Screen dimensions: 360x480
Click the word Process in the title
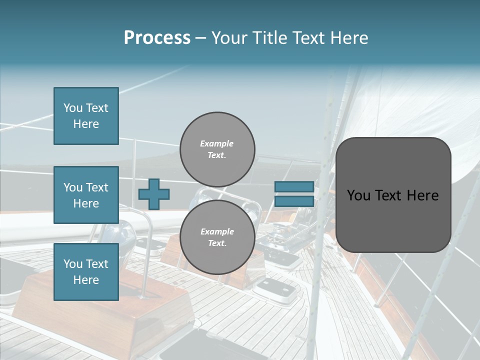157,38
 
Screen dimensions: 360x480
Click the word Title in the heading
269,38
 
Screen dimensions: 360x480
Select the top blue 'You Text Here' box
86,116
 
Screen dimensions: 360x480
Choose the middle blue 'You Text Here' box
86,195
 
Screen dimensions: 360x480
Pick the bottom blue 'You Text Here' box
86,272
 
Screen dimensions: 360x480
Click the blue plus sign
154,194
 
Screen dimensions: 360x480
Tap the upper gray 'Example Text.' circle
217,149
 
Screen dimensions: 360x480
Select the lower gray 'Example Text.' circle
217,237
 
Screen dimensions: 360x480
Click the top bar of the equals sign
294,187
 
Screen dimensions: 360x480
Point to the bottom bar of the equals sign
294,201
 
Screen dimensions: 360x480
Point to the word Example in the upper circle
217,143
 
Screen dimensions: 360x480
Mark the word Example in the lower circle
217,231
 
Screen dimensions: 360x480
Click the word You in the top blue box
73,108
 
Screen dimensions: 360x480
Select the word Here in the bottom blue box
86,280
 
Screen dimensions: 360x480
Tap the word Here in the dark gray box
422,195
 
